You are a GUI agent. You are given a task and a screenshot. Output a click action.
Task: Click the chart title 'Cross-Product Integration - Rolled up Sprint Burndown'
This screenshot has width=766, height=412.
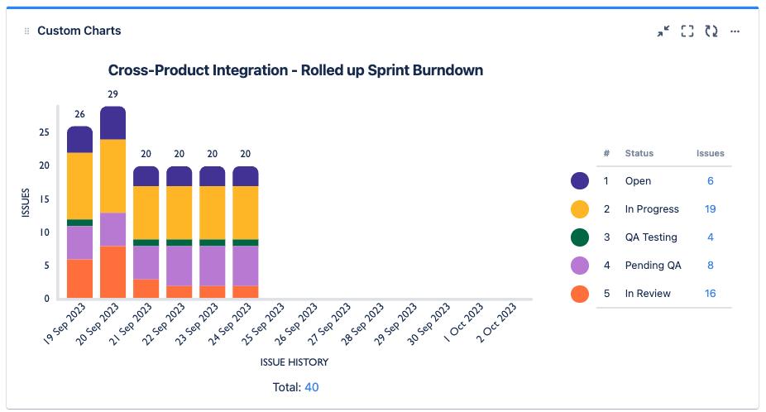[295, 70]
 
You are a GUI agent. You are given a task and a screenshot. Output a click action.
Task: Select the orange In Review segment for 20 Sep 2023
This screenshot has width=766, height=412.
[113, 271]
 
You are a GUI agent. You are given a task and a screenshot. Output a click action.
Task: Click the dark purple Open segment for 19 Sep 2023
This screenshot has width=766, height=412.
[79, 140]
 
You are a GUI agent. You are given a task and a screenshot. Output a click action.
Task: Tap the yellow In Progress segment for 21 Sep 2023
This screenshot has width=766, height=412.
[146, 213]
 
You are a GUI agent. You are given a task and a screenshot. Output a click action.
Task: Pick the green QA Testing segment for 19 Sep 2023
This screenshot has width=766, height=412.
[79, 223]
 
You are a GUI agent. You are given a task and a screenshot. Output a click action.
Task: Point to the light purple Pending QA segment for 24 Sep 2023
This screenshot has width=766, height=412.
[245, 265]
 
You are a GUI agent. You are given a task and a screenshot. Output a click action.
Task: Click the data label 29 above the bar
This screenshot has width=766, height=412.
[113, 95]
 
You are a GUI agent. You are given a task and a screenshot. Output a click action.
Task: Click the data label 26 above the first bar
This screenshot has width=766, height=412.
[79, 115]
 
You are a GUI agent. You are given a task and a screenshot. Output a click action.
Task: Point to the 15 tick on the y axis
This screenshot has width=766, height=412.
[44, 199]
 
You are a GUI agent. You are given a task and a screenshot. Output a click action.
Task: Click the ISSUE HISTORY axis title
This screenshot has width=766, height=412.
[294, 362]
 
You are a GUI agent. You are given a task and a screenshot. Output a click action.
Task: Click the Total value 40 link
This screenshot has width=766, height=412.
[312, 387]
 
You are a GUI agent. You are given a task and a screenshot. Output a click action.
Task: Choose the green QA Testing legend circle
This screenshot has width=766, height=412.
[580, 237]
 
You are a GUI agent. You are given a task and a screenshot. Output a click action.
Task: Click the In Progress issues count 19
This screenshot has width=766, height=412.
[710, 209]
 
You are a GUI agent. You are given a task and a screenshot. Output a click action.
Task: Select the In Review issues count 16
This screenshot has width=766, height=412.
[710, 294]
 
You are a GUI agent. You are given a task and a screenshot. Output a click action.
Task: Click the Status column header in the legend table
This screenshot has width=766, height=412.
[639, 153]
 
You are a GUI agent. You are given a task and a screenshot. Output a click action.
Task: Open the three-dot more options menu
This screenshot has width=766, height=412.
[735, 31]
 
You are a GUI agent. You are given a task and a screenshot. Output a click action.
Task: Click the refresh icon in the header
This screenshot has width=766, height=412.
[711, 31]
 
